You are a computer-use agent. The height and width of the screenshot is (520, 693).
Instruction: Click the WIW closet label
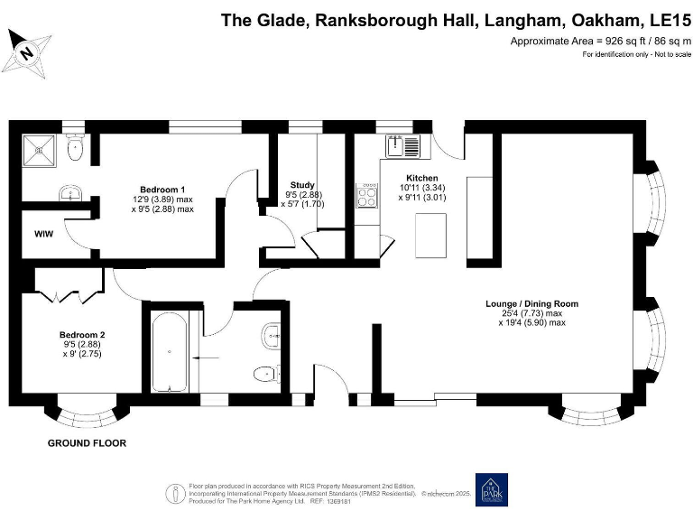pyautogui.click(x=43, y=236)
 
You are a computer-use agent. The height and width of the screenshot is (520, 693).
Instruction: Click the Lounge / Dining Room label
pyautogui.click(x=531, y=303)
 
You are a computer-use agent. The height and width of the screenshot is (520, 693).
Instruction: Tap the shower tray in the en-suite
pyautogui.click(x=39, y=149)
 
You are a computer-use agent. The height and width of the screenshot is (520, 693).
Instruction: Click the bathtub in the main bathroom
pyautogui.click(x=170, y=353)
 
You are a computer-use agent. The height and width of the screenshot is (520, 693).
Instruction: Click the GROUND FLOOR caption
pyautogui.click(x=87, y=443)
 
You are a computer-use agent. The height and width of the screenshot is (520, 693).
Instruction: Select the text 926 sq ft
pyautogui.click(x=617, y=42)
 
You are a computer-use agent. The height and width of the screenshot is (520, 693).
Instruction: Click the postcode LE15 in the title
pyautogui.click(x=663, y=19)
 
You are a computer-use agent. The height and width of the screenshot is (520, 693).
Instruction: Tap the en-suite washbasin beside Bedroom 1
pyautogui.click(x=69, y=193)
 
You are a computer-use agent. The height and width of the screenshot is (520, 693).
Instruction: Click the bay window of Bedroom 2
pyautogui.click(x=87, y=413)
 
